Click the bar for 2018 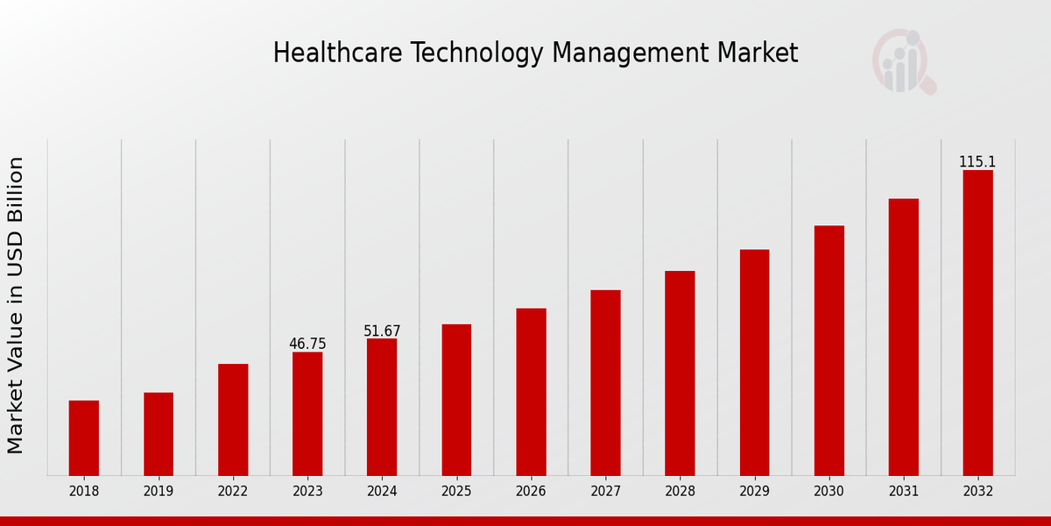pos(84,438)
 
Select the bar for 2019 pos(159,434)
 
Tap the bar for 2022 pos(233,420)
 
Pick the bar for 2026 pos(531,392)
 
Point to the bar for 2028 pos(680,373)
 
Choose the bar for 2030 pos(829,351)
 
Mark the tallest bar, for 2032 pos(977,323)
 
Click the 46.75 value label pos(307,344)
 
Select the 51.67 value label pos(382,331)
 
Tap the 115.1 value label pos(977,162)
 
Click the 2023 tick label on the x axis pos(307,492)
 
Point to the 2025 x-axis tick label pos(456,492)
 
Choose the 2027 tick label pos(605,492)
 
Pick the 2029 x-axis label pos(754,492)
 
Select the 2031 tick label pos(903,492)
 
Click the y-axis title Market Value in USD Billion pos(16,305)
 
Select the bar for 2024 pos(382,407)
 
